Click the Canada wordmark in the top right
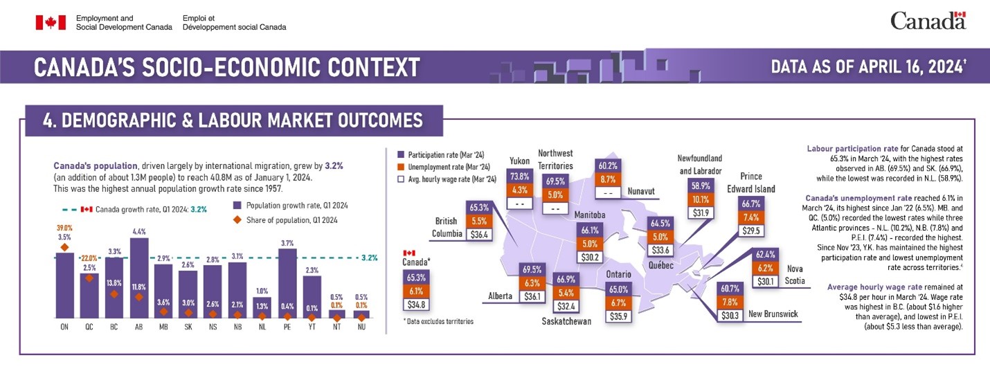tap(928, 21)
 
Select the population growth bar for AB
tap(139, 277)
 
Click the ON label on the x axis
tap(64, 326)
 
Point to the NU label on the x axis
tap(361, 326)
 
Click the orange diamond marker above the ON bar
tap(64, 247)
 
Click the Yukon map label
tap(519, 161)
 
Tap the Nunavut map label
tap(641, 190)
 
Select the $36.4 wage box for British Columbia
tap(479, 235)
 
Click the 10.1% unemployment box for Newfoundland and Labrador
tap(701, 199)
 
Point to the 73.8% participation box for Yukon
tap(519, 176)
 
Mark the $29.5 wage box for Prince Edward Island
tap(751, 231)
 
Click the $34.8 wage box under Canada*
tap(415, 304)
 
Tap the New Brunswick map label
tap(773, 314)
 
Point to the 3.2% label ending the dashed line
tap(369, 258)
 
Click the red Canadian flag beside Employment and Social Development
tap(50, 22)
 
